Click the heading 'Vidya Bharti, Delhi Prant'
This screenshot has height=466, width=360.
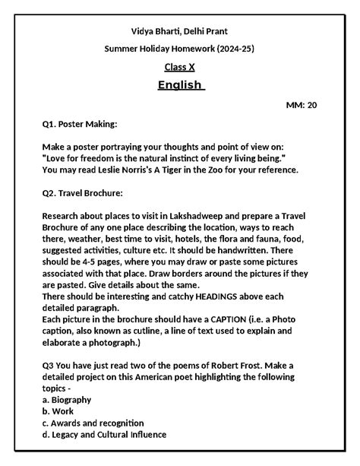click(x=179, y=30)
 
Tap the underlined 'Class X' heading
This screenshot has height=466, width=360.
click(x=179, y=68)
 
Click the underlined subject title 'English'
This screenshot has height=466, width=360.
click(x=179, y=85)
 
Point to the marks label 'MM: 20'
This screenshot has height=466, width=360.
click(x=301, y=104)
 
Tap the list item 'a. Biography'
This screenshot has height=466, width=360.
click(x=67, y=399)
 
